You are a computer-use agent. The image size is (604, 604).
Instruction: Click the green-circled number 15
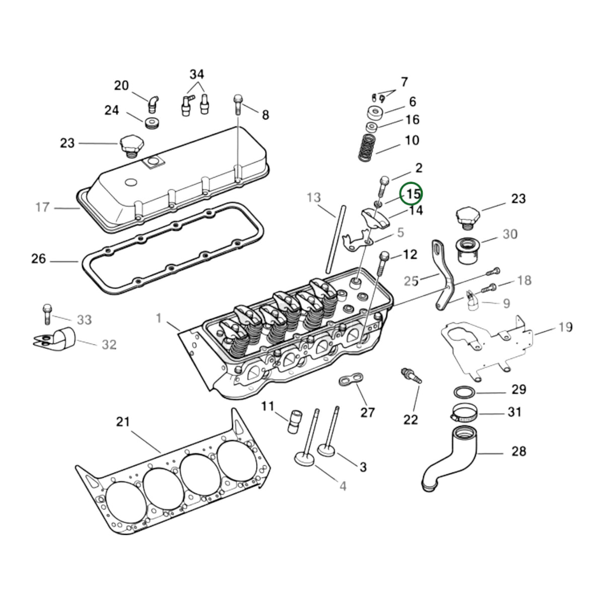pyautogui.click(x=413, y=195)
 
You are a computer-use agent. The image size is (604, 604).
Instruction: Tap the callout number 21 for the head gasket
pyautogui.click(x=123, y=422)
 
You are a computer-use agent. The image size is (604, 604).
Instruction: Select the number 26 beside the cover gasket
pyautogui.click(x=39, y=259)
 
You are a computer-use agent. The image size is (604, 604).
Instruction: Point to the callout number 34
pyautogui.click(x=197, y=74)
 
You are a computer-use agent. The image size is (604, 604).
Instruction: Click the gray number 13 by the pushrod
pyautogui.click(x=314, y=197)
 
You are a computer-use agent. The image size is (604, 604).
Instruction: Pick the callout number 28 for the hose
pyautogui.click(x=519, y=451)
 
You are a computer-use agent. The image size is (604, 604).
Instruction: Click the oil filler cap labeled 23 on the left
pyautogui.click(x=131, y=145)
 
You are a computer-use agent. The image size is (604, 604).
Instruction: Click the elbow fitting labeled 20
pyautogui.click(x=153, y=104)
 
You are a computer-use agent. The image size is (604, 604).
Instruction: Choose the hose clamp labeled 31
pyautogui.click(x=465, y=414)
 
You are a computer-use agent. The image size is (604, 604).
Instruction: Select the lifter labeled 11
pyautogui.click(x=295, y=421)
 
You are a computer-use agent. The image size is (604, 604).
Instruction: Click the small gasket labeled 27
pyautogui.click(x=351, y=379)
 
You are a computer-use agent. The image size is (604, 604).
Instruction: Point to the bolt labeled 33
pyautogui.click(x=47, y=314)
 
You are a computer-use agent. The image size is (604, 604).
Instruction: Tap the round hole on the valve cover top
pyautogui.click(x=131, y=182)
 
